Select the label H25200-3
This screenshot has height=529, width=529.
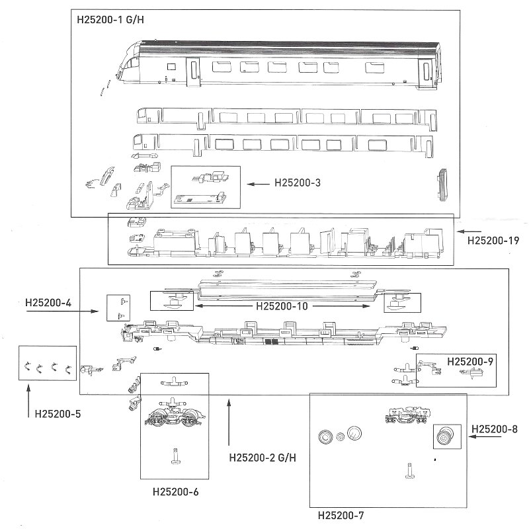coord(297,183)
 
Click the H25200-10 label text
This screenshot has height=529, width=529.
coord(282,307)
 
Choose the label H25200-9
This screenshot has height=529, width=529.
coord(470,362)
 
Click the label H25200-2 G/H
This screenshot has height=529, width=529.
coord(262,457)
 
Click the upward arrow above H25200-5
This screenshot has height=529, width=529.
coord(28,396)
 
